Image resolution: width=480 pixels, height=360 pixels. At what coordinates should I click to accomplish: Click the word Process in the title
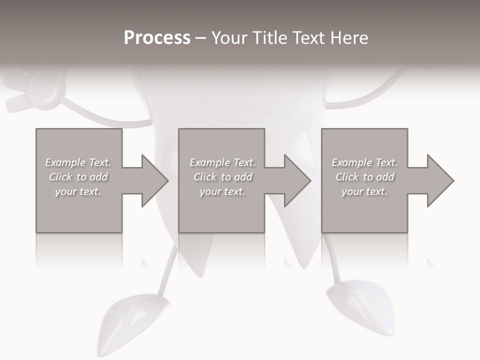[157, 37]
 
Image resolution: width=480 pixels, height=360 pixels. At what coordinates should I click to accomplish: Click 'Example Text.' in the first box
[78, 162]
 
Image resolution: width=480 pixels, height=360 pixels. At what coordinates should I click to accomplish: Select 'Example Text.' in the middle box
[222, 162]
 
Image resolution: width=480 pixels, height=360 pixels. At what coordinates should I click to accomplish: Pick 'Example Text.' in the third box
[364, 162]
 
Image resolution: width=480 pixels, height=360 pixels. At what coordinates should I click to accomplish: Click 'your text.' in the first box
[78, 191]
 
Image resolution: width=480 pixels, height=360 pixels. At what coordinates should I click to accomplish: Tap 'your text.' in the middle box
[222, 191]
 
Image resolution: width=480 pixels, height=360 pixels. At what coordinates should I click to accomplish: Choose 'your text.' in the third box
[364, 191]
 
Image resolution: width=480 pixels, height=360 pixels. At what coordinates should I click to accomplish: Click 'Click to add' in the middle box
[222, 177]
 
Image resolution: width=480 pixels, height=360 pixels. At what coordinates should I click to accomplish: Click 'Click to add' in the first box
[78, 177]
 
